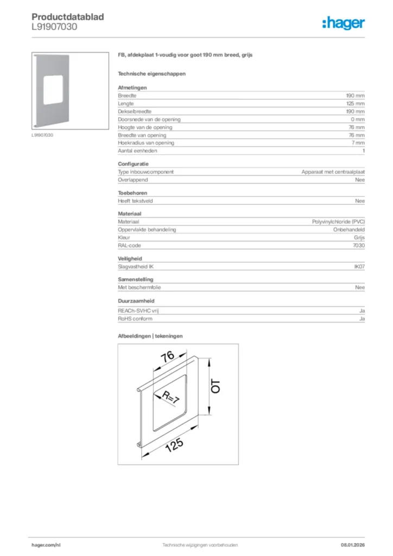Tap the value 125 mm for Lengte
click(356, 103)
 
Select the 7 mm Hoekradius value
click(358, 143)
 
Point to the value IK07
click(359, 267)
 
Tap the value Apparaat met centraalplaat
click(333, 172)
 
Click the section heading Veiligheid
click(130, 259)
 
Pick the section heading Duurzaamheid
click(135, 301)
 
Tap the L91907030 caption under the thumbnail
click(42, 135)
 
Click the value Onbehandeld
click(348, 230)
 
